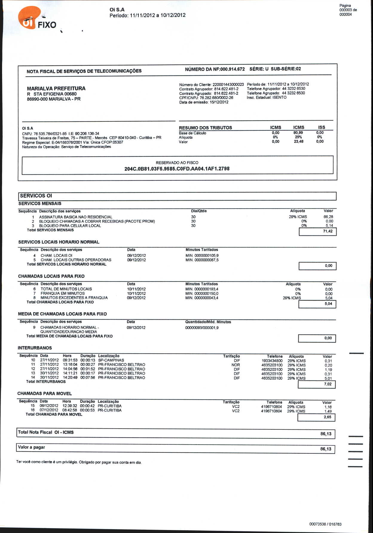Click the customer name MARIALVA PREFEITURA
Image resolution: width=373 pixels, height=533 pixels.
56,88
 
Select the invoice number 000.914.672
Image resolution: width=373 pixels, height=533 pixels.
232,69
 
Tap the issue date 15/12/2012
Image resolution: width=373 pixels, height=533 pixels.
219,102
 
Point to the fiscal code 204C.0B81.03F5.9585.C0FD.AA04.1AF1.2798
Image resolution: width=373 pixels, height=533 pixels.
177,169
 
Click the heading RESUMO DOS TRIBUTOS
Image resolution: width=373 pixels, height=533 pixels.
205,128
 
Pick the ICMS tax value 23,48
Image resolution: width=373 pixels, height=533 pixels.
298,142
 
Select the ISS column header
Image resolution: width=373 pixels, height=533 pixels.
321,127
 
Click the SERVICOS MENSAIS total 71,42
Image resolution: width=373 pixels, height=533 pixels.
328,231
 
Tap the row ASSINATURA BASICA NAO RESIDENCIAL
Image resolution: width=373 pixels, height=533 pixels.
76,217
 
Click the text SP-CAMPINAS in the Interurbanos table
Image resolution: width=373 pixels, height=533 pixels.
111,360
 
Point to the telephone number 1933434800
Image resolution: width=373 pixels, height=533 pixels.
272,361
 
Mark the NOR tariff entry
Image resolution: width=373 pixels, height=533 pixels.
236,365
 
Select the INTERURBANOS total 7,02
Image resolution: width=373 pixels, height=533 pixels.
328,384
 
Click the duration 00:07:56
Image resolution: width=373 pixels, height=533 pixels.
88,378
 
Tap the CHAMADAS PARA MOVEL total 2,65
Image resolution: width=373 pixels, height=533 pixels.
327,417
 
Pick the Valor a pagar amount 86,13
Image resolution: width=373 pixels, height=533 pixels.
326,449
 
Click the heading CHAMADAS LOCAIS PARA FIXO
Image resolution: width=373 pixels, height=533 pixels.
51,276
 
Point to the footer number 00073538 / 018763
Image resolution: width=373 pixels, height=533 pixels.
325,524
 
